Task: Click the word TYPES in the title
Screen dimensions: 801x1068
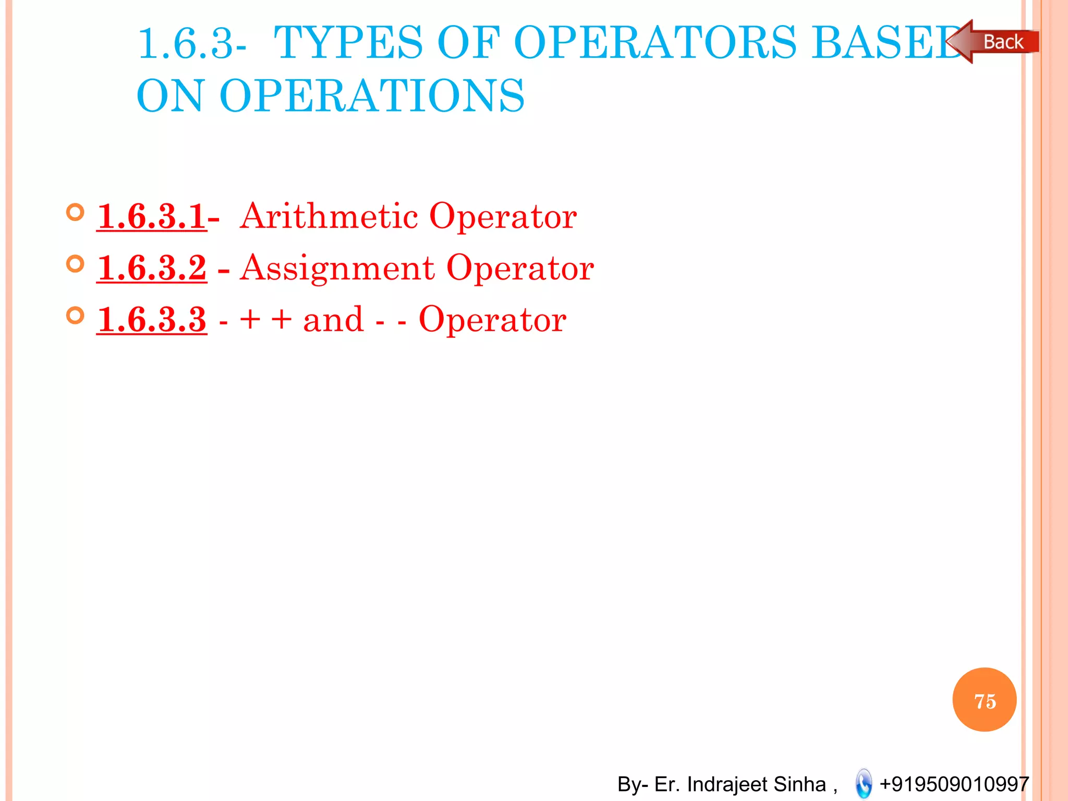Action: (x=348, y=43)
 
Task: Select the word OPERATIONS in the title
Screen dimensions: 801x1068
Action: (x=372, y=96)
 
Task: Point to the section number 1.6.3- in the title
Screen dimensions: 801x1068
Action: (x=192, y=44)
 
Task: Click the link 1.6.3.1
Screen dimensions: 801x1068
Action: (x=151, y=216)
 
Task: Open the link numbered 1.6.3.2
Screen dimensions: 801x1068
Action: (x=151, y=268)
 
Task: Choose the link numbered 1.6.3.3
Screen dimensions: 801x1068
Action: (x=151, y=320)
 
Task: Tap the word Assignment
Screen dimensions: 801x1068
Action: (x=337, y=268)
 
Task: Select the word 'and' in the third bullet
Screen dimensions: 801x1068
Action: (x=333, y=320)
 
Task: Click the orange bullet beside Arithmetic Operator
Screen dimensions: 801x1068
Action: (x=76, y=212)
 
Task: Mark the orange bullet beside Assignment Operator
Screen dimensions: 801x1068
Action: (x=76, y=264)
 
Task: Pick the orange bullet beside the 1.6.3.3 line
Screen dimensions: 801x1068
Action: (x=76, y=315)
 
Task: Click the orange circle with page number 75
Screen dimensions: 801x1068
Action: (x=984, y=699)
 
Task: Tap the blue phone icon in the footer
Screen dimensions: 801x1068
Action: (x=864, y=783)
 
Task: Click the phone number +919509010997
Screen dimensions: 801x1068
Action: (x=954, y=784)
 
